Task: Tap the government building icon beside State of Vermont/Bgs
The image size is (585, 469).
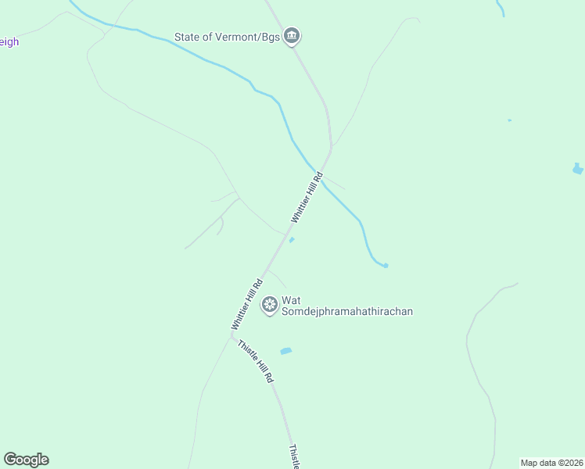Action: pos(292,35)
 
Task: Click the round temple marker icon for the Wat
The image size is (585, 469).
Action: pos(270,304)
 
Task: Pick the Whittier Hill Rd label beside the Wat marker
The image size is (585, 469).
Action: pos(246,301)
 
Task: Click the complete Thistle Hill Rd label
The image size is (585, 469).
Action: pos(255,361)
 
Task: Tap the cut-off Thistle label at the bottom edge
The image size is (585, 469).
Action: pos(293,457)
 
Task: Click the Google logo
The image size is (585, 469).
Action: pos(26,460)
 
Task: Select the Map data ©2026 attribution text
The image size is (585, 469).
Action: pos(551,462)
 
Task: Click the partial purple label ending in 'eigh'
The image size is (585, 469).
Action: pos(9,42)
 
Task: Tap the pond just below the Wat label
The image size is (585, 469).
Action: pos(285,351)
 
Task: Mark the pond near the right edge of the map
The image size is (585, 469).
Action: pos(577,168)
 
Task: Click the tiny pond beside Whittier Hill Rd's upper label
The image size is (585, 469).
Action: pos(292,240)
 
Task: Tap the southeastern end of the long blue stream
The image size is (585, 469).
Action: pos(385,266)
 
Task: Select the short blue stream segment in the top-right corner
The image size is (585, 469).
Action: pos(501,8)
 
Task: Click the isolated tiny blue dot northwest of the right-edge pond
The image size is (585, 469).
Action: pos(509,120)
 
